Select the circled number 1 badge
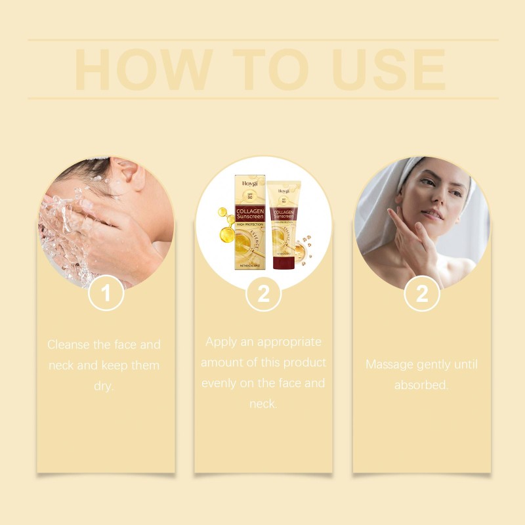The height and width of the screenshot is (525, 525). click(106, 293)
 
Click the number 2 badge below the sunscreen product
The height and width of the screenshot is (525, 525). click(263, 293)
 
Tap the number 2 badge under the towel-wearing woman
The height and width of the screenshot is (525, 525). click(421, 293)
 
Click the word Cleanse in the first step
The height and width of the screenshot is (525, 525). click(69, 345)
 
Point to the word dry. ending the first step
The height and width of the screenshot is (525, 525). click(104, 386)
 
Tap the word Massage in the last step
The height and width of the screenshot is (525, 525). click(390, 364)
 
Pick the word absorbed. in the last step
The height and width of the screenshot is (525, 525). click(421, 385)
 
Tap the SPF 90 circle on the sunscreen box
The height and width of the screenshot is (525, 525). click(249, 198)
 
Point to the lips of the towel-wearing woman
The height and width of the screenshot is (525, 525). click(432, 215)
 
